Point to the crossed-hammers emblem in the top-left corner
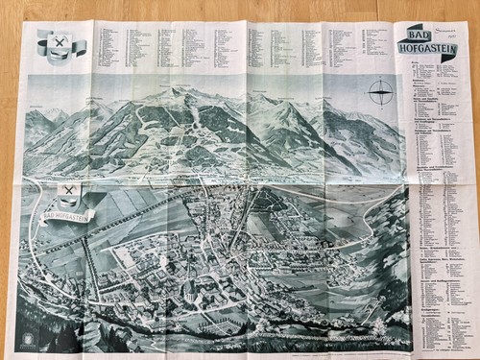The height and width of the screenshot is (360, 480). tap(59, 43)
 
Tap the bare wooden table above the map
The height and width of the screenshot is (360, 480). tap(240, 8)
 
